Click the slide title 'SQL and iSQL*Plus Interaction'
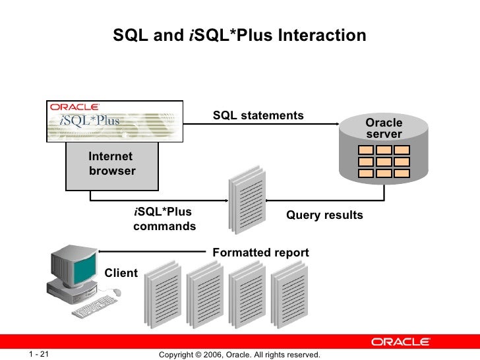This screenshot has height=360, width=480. pyautogui.click(x=239, y=36)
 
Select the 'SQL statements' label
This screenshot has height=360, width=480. pyautogui.click(x=258, y=116)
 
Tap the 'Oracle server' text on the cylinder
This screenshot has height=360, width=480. pyautogui.click(x=384, y=129)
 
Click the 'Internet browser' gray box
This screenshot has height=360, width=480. pyautogui.click(x=111, y=165)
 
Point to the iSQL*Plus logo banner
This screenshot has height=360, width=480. pyautogui.click(x=114, y=121)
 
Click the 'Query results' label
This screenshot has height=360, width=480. pyautogui.click(x=324, y=216)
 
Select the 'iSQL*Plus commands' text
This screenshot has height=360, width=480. pyautogui.click(x=164, y=219)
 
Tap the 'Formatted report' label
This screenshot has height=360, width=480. pyautogui.click(x=260, y=253)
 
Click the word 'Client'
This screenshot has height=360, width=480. pyautogui.click(x=121, y=273)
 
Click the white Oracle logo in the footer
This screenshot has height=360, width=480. pyautogui.click(x=400, y=342)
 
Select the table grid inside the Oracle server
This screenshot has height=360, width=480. pyautogui.click(x=384, y=162)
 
